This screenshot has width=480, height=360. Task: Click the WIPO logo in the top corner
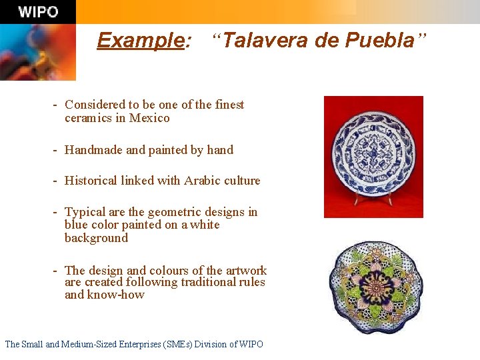pos(38,12)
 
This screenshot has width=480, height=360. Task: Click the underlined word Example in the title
pos(141,41)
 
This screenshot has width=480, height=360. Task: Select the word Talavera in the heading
pos(263,41)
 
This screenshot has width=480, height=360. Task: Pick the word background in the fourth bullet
pos(96,238)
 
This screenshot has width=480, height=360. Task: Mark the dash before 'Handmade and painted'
pos(57,150)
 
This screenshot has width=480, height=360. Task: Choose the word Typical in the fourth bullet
pos(85,212)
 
